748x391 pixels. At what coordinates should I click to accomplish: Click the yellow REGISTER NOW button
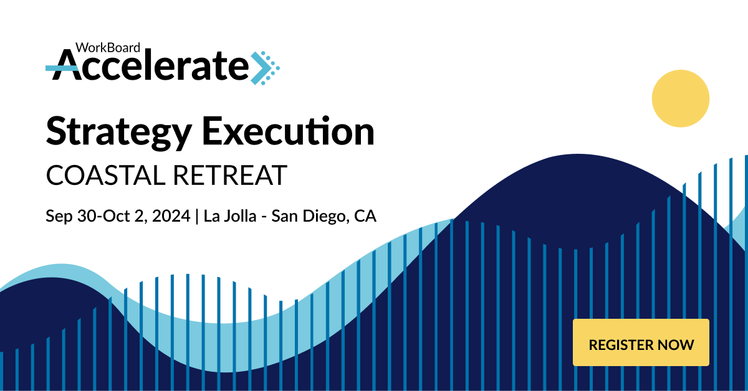(641, 342)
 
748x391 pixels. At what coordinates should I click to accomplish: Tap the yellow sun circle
(681, 98)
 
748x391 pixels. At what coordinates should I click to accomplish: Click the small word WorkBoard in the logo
(107, 48)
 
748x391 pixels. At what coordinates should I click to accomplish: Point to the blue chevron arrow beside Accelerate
(265, 68)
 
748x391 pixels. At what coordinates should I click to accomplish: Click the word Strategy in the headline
(119, 133)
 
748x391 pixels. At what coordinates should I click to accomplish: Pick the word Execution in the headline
(288, 131)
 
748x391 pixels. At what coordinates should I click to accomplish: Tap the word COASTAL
(105, 175)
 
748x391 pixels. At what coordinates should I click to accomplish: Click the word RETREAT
(230, 175)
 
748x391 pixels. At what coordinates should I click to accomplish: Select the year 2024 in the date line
(171, 216)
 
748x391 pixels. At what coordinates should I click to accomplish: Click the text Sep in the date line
(59, 217)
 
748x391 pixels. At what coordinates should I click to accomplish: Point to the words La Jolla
(230, 216)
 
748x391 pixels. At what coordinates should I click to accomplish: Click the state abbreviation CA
(365, 216)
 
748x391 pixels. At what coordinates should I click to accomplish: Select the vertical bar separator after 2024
(197, 216)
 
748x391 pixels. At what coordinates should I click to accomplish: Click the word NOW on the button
(676, 345)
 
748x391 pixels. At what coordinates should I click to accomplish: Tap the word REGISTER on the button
(620, 345)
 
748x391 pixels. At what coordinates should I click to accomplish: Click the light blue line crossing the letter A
(62, 68)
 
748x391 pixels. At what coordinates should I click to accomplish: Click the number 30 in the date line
(87, 216)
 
